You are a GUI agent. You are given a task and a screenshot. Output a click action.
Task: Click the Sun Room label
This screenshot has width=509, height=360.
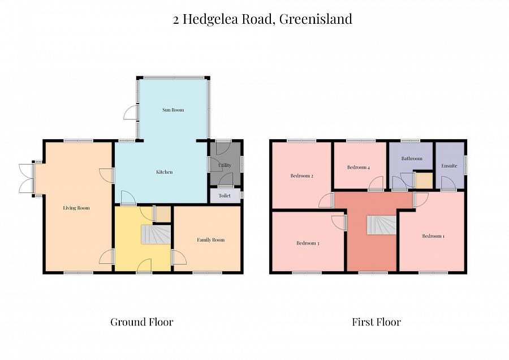click(x=173, y=110)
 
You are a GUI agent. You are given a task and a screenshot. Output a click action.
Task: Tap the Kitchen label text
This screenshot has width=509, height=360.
click(x=165, y=172)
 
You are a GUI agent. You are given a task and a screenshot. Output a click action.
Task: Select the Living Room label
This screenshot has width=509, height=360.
click(x=76, y=208)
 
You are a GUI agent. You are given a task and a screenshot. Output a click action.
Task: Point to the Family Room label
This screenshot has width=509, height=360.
click(x=210, y=240)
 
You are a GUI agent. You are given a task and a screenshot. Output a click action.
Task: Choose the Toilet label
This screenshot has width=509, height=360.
click(x=225, y=196)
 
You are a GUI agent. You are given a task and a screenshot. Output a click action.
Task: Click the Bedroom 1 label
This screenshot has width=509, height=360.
click(x=433, y=236)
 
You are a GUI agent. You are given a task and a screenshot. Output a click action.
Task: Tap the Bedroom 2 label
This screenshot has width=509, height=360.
click(x=302, y=176)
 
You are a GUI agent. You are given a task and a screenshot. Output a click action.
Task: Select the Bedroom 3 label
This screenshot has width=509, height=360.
click(x=308, y=243)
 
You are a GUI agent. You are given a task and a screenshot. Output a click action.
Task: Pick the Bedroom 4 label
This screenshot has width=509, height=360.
click(x=359, y=167)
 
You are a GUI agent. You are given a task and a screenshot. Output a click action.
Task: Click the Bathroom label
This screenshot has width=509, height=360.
click(x=412, y=159)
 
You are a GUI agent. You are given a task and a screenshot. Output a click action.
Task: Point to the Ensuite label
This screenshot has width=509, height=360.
click(x=449, y=166)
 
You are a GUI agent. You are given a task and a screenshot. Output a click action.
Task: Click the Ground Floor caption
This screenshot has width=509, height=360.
click(x=141, y=322)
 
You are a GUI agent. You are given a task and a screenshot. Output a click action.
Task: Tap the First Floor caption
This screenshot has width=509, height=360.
click(x=376, y=322)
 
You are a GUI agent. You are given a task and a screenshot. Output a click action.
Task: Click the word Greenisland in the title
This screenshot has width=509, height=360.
click(x=316, y=19)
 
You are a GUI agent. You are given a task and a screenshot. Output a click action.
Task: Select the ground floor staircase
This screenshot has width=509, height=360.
click(x=155, y=234)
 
